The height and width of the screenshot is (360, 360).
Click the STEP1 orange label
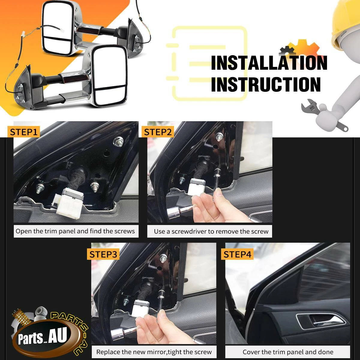(23, 132)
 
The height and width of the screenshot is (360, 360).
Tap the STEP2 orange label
(158, 132)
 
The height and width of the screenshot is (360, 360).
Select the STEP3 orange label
(103, 254)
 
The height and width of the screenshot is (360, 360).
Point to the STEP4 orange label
(237, 254)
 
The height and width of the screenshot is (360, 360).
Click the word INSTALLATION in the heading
(269, 63)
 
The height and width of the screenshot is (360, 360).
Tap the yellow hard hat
(346, 22)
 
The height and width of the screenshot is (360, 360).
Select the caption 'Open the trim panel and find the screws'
(75, 231)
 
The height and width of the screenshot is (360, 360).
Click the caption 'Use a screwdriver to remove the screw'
(211, 232)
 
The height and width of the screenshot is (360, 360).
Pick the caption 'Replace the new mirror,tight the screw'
(154, 352)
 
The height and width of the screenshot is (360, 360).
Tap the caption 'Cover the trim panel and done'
(288, 352)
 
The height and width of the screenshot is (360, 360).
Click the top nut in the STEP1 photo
(118, 141)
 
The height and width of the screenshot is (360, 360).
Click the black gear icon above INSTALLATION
(287, 50)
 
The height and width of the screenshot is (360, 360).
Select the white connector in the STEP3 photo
(140, 309)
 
